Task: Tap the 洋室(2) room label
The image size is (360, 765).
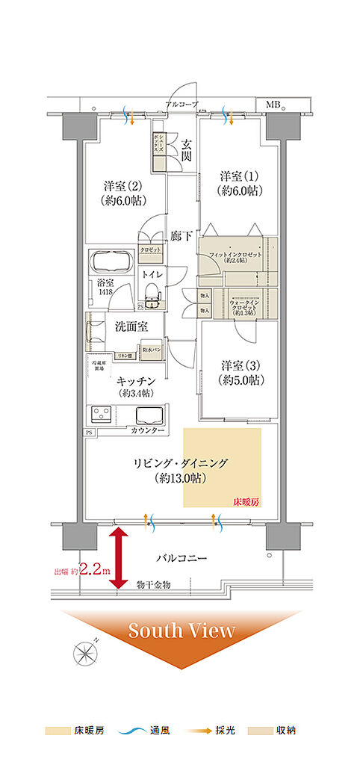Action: (122, 193)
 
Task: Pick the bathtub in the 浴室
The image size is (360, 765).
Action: (111, 264)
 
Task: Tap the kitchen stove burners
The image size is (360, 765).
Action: (102, 414)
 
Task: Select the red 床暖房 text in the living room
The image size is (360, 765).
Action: (247, 503)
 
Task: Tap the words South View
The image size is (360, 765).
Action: (181, 630)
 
